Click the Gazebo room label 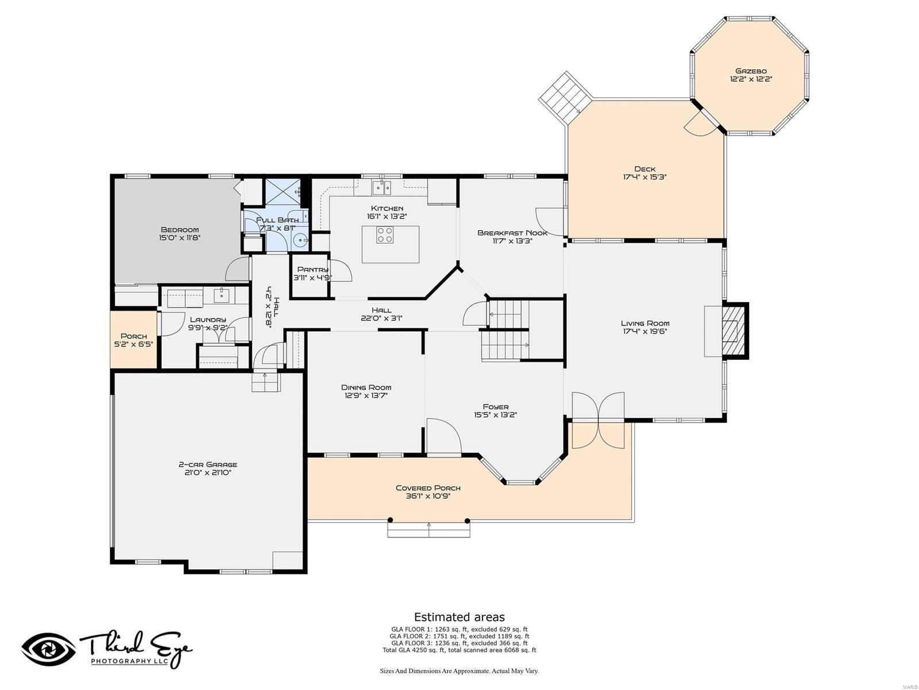click(751, 71)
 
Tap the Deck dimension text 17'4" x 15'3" click(644, 177)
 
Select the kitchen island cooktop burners click(384, 235)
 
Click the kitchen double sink click(381, 187)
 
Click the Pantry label click(313, 269)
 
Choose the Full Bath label click(277, 220)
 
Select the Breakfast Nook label click(512, 233)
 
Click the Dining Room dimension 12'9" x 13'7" click(366, 396)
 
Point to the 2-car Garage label click(208, 464)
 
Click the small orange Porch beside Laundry click(134, 339)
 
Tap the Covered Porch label click(428, 488)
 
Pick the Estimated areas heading click(459, 617)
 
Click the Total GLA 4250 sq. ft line click(459, 650)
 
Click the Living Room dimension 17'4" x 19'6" click(645, 331)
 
